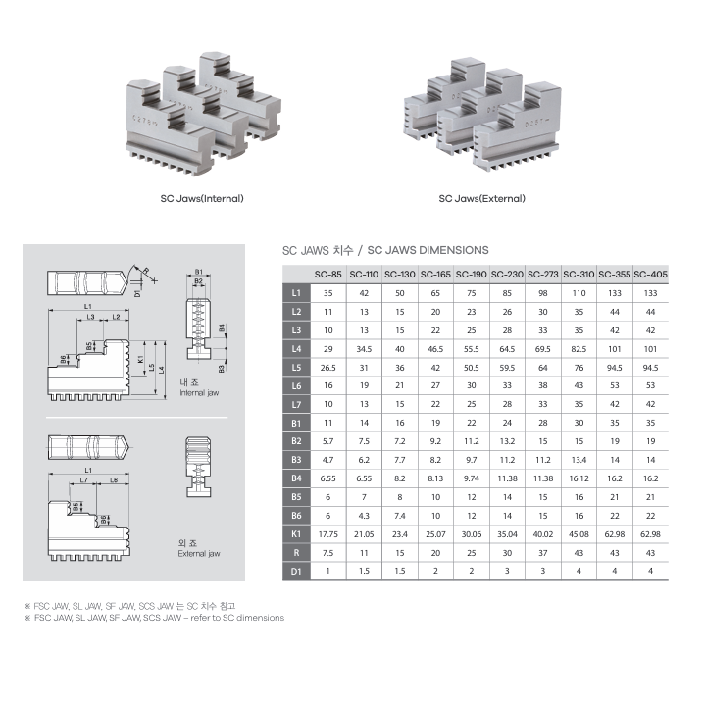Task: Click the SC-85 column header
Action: [327, 275]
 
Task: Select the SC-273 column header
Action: [542, 275]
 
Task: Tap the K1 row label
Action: [296, 534]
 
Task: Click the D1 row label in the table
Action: [296, 572]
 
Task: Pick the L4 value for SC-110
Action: [364, 349]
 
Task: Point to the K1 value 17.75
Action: [327, 534]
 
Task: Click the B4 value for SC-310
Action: [579, 478]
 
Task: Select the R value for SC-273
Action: [542, 553]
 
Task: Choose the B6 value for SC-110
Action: [364, 516]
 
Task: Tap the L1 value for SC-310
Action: [579, 293]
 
